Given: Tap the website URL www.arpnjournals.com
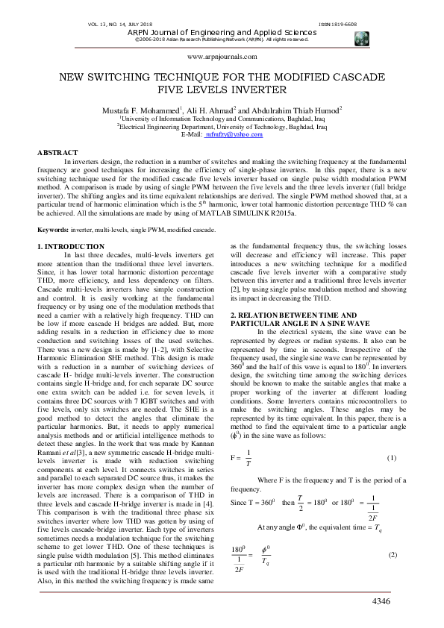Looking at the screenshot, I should coord(222,57).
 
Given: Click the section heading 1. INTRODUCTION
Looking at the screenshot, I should coord(71,246).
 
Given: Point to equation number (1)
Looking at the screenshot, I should coord(392,415).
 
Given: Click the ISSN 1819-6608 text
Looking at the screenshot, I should coord(367,25).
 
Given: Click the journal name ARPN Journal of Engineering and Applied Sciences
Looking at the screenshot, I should coord(222,33).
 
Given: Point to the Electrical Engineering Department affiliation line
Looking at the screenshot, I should coord(222,125).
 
